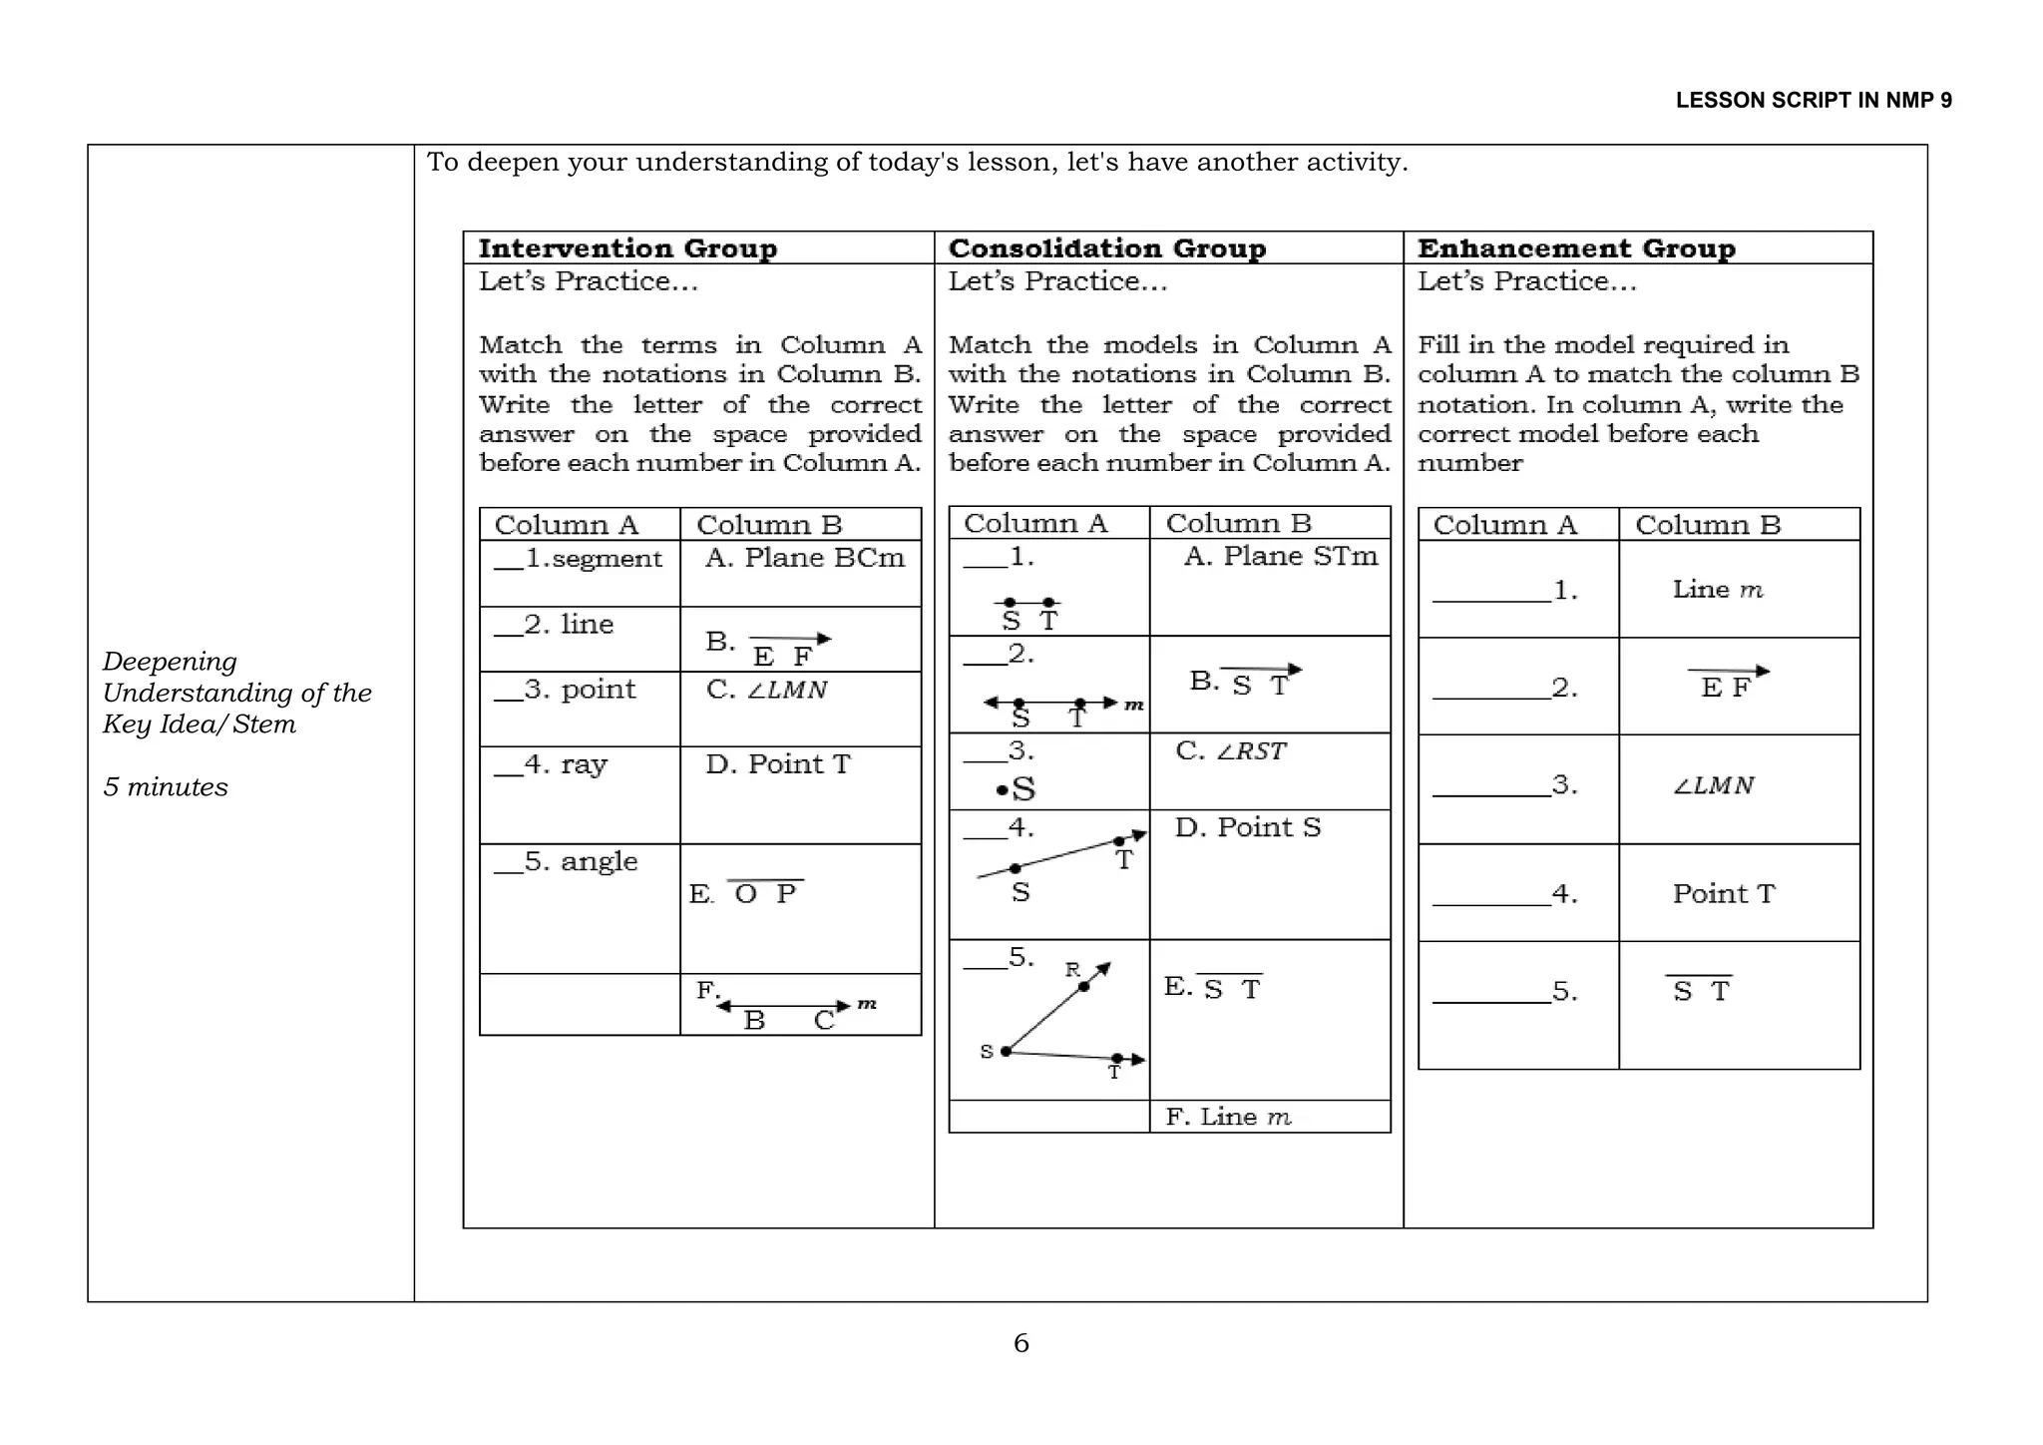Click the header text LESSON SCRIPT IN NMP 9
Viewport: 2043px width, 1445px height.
pyautogui.click(x=1813, y=100)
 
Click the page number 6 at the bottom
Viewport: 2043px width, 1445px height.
pyautogui.click(x=1021, y=1343)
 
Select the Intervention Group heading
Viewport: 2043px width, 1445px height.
pyautogui.click(x=627, y=247)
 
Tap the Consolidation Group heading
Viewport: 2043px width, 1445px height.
pyautogui.click(x=1106, y=247)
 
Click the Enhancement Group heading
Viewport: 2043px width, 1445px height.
pyautogui.click(x=1576, y=247)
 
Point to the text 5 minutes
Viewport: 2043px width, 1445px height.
pyautogui.click(x=166, y=787)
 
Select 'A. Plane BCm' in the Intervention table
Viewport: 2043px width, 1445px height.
pyautogui.click(x=804, y=558)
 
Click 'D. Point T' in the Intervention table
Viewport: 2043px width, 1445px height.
pyautogui.click(x=778, y=764)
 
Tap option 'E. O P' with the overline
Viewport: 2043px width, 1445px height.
pyautogui.click(x=746, y=893)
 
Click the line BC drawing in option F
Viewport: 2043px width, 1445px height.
pyautogui.click(x=785, y=1008)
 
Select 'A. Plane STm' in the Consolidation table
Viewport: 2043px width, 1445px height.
pyautogui.click(x=1280, y=556)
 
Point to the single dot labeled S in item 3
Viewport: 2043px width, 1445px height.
pyautogui.click(x=1017, y=790)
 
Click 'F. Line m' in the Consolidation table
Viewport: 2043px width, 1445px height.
pyautogui.click(x=1228, y=1117)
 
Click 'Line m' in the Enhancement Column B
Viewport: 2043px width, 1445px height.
pyautogui.click(x=1717, y=590)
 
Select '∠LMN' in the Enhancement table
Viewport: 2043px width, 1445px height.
pyautogui.click(x=1713, y=786)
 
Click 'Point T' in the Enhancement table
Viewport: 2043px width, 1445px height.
pyautogui.click(x=1723, y=894)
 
